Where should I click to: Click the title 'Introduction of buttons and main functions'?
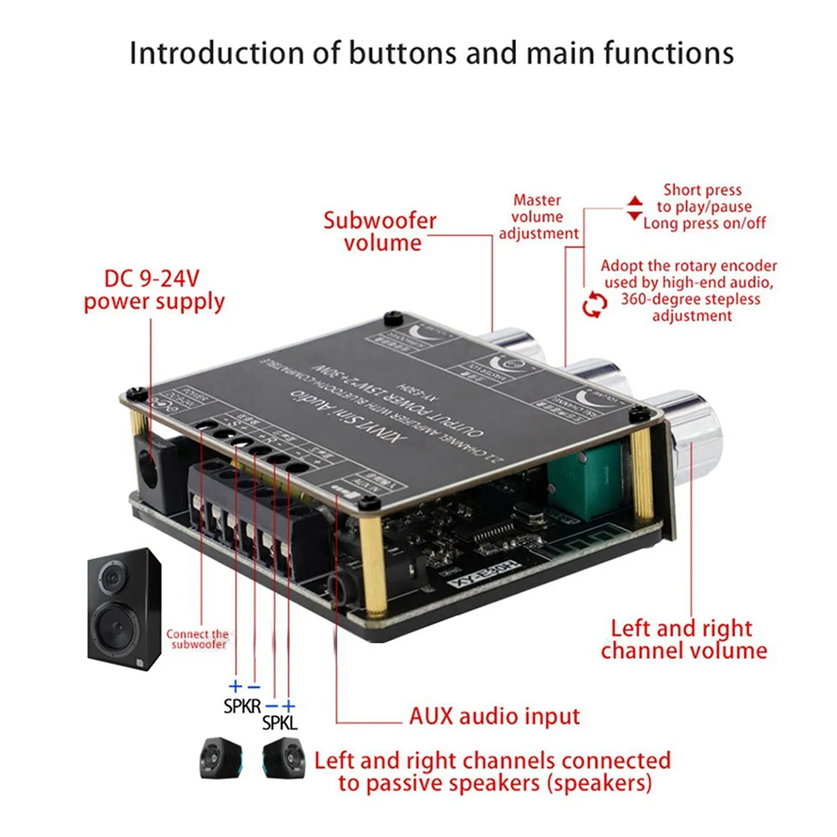click(431, 54)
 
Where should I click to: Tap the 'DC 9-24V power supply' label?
click(154, 290)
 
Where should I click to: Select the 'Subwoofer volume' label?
click(381, 232)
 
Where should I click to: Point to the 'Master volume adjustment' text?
click(538, 217)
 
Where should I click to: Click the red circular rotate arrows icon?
click(595, 305)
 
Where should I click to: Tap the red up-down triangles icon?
click(634, 208)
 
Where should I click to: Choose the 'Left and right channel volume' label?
click(683, 639)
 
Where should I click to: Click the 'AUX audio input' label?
click(495, 716)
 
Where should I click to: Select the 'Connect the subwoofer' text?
click(197, 639)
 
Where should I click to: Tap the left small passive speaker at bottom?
click(220, 759)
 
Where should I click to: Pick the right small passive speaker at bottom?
click(283, 759)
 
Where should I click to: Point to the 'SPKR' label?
click(242, 706)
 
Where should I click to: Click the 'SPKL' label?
click(279, 723)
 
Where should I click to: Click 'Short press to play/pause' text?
click(704, 198)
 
